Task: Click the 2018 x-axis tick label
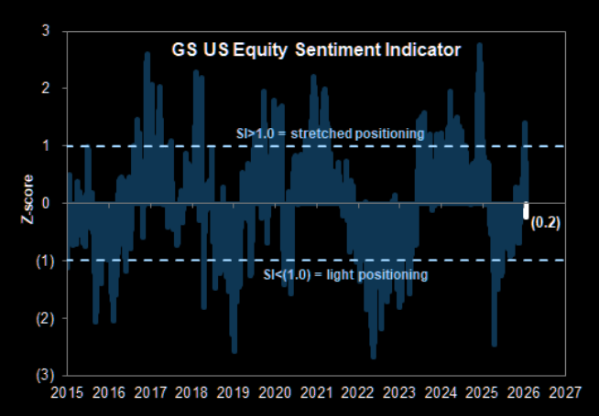click(x=191, y=394)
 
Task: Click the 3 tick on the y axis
click(x=45, y=31)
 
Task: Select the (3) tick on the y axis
click(x=42, y=376)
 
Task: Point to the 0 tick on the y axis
click(x=45, y=203)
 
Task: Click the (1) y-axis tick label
click(x=42, y=261)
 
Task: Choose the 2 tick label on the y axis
click(x=45, y=89)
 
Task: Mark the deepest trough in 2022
click(x=374, y=357)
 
